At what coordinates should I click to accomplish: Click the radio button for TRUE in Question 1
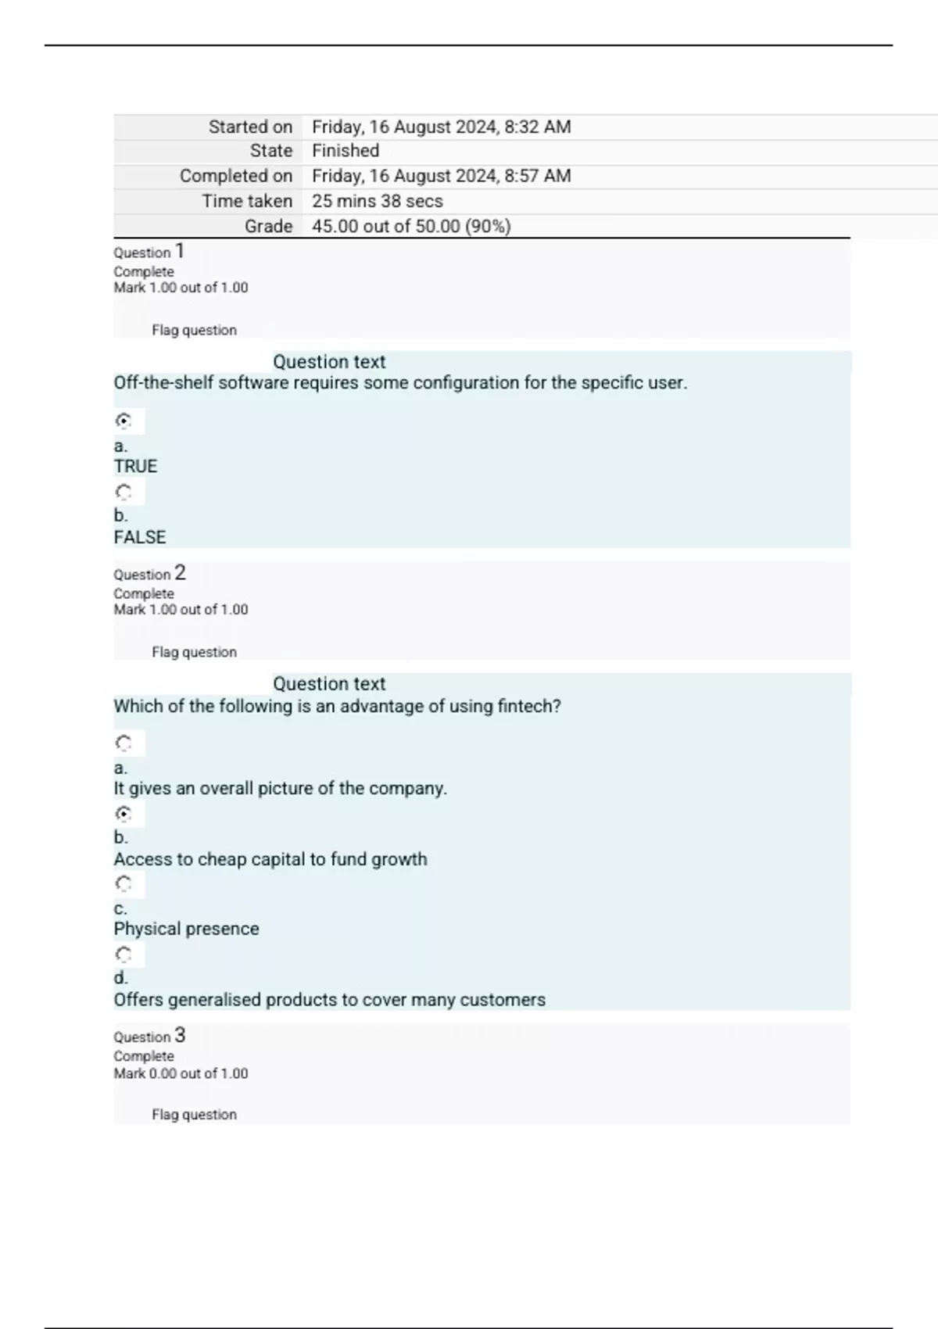(x=124, y=421)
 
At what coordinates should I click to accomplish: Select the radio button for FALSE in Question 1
(x=124, y=493)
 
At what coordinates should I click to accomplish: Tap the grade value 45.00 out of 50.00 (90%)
(x=411, y=227)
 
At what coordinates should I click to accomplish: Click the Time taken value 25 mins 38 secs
(x=378, y=202)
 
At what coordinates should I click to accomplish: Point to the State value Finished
(x=345, y=151)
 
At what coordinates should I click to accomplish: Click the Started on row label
(x=250, y=127)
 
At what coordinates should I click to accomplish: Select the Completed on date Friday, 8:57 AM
(x=441, y=176)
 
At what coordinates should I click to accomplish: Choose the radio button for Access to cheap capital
(x=124, y=814)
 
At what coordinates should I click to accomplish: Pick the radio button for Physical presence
(x=124, y=884)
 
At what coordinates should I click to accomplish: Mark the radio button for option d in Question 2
(x=124, y=955)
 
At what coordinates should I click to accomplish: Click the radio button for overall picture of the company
(x=124, y=743)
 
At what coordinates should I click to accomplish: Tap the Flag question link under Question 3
(x=194, y=1115)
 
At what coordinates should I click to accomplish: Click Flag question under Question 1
(x=194, y=331)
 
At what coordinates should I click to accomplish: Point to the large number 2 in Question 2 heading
(x=180, y=573)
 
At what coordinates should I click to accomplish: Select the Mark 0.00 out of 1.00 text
(x=181, y=1074)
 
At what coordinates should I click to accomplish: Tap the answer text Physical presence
(x=186, y=929)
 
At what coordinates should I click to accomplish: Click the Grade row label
(x=268, y=227)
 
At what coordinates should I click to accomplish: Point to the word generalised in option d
(x=215, y=1000)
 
